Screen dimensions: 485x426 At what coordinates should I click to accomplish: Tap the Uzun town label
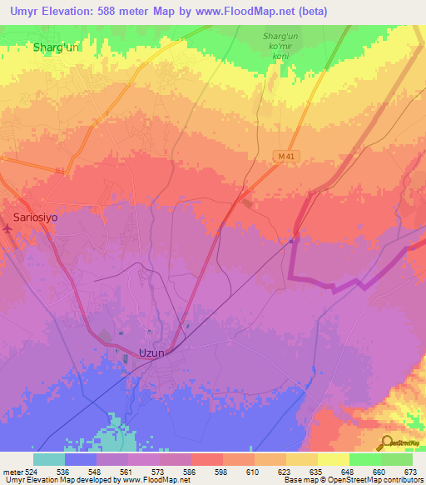[x=153, y=352]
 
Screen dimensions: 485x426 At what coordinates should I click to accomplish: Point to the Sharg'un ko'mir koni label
[x=280, y=46]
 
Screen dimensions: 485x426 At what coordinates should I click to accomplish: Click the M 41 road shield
[x=285, y=156]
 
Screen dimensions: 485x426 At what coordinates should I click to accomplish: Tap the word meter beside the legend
[x=12, y=471]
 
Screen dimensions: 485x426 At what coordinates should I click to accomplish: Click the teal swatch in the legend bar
[x=48, y=459]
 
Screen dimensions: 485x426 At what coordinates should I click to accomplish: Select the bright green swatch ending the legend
[x=396, y=459]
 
